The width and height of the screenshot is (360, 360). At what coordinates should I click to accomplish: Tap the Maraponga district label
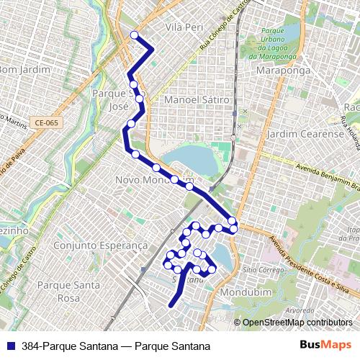pyautogui.click(x=283, y=71)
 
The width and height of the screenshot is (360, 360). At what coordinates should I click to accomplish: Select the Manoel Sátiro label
pyautogui.click(x=197, y=99)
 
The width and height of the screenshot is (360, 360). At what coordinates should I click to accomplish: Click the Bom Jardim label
pyautogui.click(x=25, y=70)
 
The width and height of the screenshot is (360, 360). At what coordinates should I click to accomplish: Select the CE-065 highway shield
pyautogui.click(x=46, y=122)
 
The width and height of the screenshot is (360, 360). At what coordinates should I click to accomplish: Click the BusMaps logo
pyautogui.click(x=326, y=346)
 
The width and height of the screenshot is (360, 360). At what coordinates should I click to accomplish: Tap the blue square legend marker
pyautogui.click(x=10, y=346)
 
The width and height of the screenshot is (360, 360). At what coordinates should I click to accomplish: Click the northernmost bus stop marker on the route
pyautogui.click(x=134, y=35)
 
